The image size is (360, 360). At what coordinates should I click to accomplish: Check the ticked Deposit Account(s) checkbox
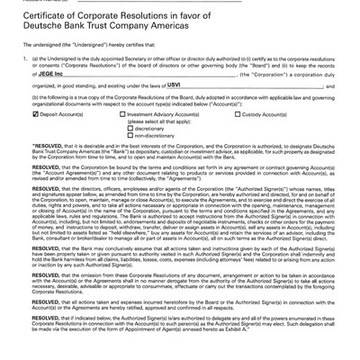coord(34,115)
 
